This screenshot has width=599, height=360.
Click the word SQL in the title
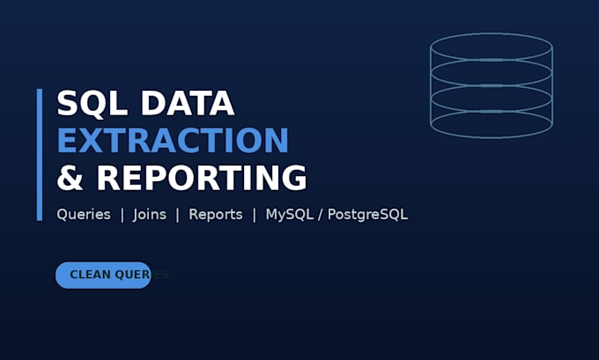click(x=92, y=103)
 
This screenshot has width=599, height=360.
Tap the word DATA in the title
click(x=188, y=103)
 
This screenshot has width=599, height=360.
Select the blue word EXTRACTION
click(x=173, y=141)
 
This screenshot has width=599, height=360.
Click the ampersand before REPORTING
click(x=70, y=178)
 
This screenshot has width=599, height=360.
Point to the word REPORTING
click(x=202, y=178)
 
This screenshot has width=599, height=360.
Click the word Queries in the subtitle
click(x=84, y=215)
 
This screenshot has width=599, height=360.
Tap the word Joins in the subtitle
click(x=150, y=215)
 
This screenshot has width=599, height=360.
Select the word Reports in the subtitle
click(x=216, y=215)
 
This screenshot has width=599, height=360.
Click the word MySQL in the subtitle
click(x=290, y=215)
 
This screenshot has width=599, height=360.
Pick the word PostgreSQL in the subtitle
click(x=368, y=215)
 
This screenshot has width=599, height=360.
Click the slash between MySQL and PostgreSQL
click(x=320, y=215)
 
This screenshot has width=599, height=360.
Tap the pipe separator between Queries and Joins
click(x=122, y=215)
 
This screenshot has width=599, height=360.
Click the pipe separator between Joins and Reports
click(x=177, y=215)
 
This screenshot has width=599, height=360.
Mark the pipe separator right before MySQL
click(x=255, y=215)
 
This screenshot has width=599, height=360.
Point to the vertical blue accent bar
click(x=40, y=155)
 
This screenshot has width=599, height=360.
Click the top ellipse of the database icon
click(x=492, y=33)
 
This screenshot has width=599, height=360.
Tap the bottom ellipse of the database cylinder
click(x=492, y=137)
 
